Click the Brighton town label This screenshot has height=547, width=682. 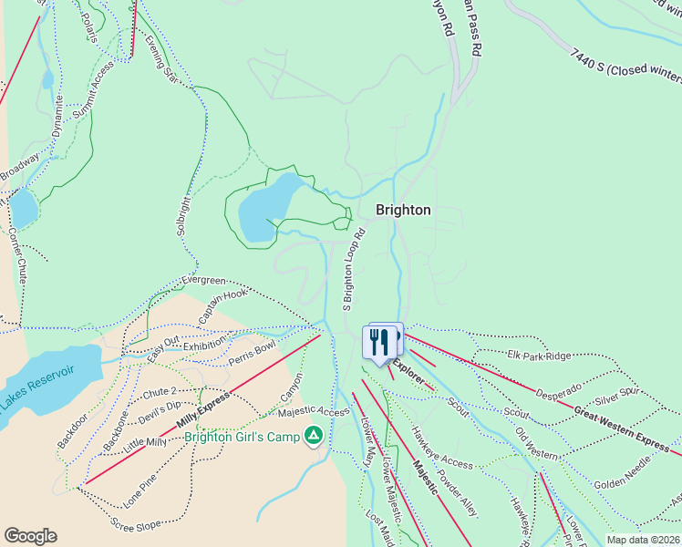(403, 210)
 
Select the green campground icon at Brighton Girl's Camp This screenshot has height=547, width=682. (314, 437)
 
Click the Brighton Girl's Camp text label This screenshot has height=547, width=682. (242, 437)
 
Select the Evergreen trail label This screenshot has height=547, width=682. (202, 280)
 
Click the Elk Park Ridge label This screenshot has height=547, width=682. (539, 356)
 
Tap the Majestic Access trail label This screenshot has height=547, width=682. (314, 412)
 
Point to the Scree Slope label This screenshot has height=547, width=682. (136, 523)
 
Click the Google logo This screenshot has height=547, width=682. (30, 536)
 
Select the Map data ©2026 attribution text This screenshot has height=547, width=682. (643, 540)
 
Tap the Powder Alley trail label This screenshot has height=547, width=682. (456, 493)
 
